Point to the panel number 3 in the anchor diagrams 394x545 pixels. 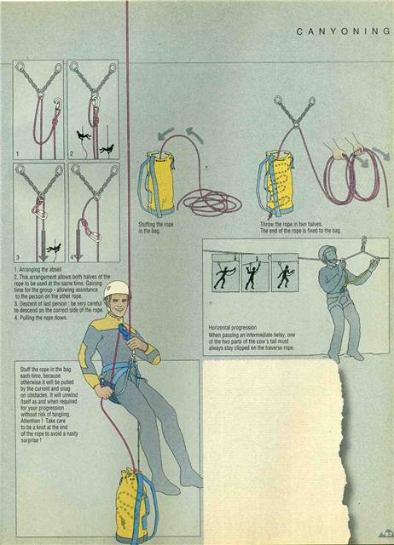(x=19, y=255)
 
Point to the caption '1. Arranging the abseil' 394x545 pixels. (x=38, y=270)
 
